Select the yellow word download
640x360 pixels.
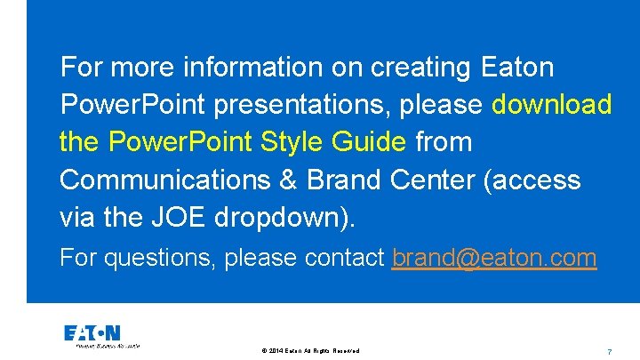pos(552,105)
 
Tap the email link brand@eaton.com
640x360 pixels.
pos(494,258)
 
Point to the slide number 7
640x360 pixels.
pos(608,351)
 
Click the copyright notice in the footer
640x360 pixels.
pos(311,351)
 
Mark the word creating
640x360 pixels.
pos(417,67)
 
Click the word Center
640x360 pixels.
pos(431,180)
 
